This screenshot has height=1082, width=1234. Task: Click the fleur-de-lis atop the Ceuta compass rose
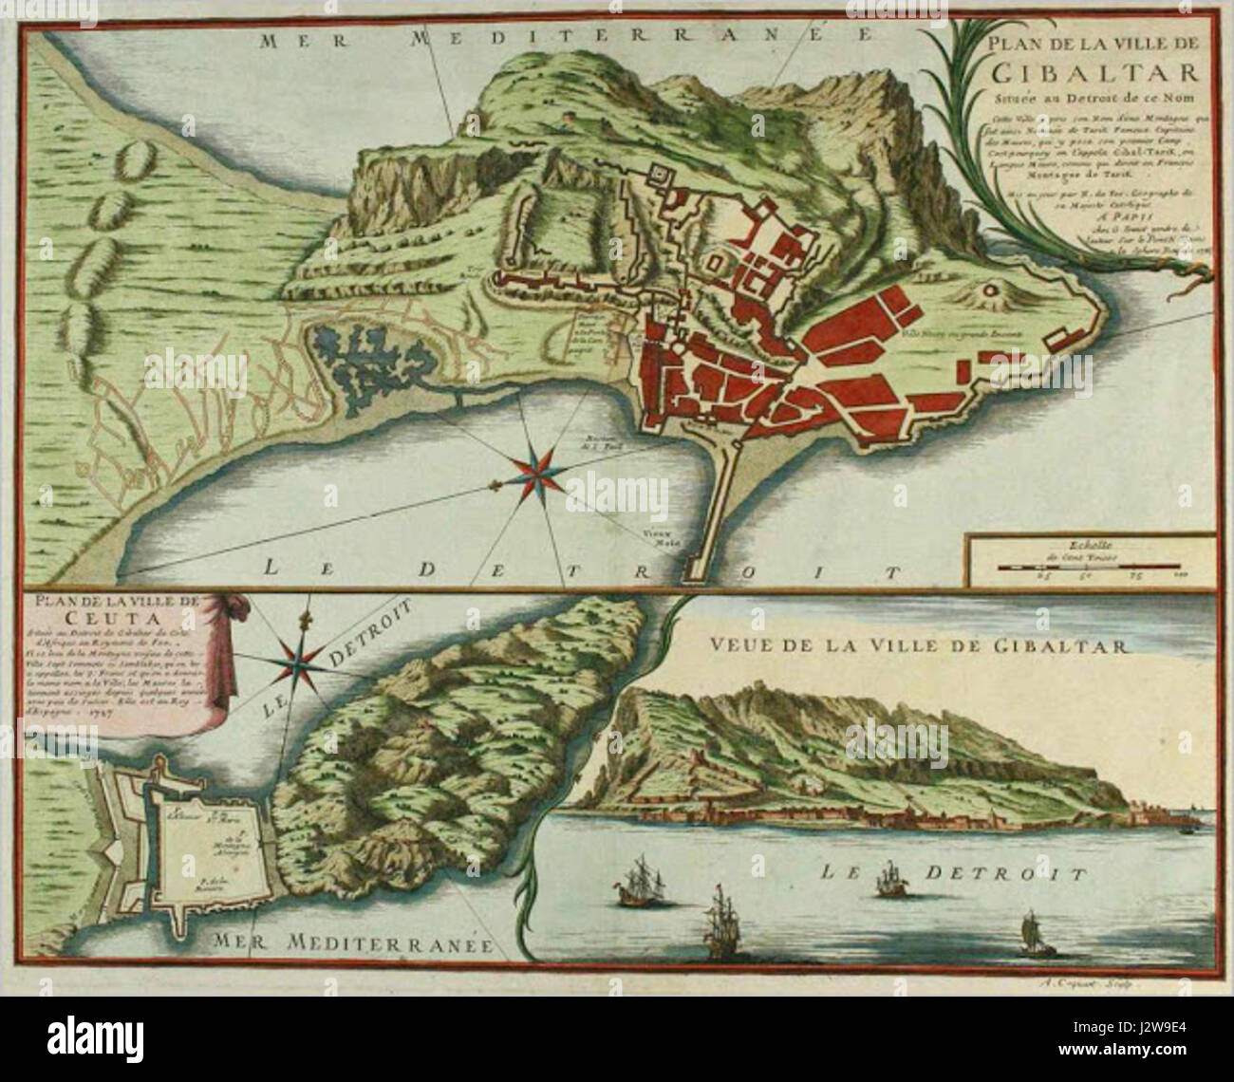click(306, 621)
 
